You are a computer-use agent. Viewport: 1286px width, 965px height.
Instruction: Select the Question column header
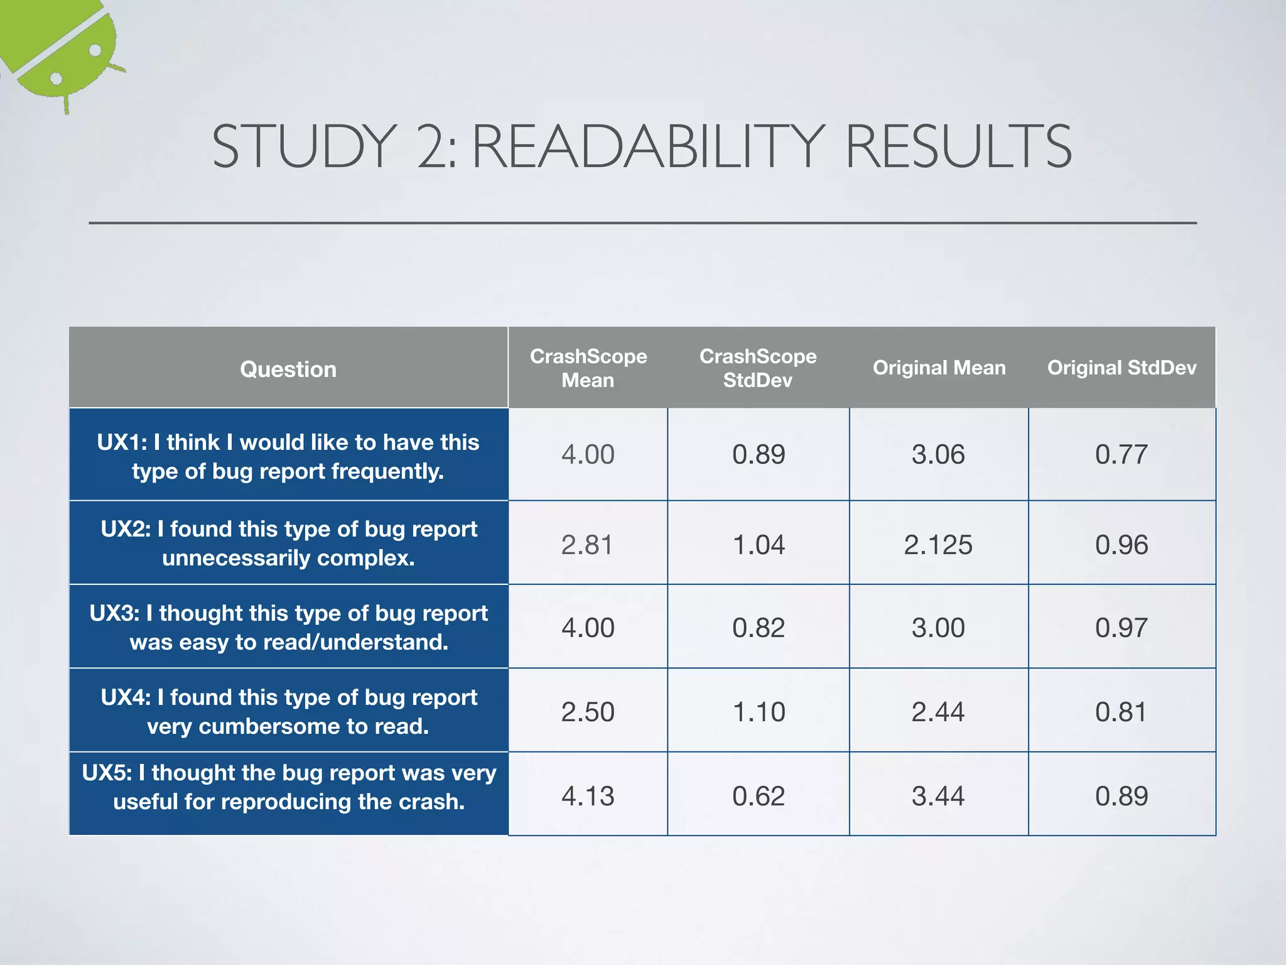coord(288,369)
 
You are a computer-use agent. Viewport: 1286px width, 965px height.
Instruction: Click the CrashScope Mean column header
coord(588,368)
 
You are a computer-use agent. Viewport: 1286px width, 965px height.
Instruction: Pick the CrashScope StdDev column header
coord(758,368)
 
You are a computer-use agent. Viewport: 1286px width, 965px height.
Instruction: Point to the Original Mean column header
coord(939,368)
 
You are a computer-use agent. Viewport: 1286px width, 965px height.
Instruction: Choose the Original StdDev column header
coord(1121,368)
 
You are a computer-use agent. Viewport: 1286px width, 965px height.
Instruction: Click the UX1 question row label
coord(288,456)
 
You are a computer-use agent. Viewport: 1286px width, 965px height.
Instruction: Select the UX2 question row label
coord(288,543)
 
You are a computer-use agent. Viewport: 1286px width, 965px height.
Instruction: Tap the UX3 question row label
coord(288,627)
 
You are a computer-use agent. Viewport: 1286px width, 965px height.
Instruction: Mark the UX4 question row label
coord(288,711)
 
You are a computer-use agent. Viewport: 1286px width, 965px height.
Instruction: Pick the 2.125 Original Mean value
coord(938,545)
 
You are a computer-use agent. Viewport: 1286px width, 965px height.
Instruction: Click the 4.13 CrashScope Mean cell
coord(588,796)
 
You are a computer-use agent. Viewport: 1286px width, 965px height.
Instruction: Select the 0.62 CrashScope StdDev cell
coord(759,796)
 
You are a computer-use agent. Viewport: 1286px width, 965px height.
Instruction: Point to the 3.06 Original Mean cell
coord(938,454)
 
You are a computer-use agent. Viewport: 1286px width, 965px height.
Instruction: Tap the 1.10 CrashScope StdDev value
coord(759,712)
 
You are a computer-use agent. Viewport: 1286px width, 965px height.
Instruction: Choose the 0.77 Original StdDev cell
coord(1121,454)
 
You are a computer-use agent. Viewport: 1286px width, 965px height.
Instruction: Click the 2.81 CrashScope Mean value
coord(587,545)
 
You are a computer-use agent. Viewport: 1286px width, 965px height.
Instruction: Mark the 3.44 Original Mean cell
coord(938,796)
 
